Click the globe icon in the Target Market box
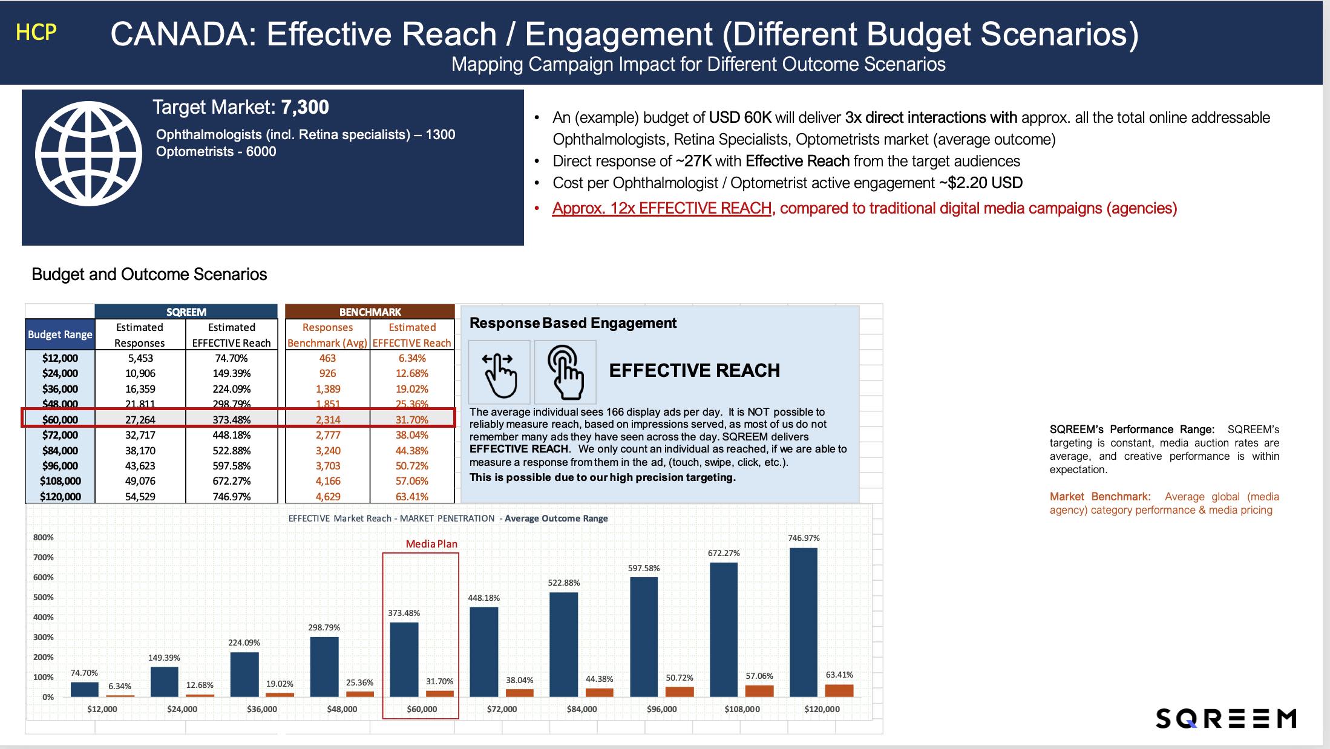(x=88, y=154)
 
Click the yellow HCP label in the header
(x=36, y=32)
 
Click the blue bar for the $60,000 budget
(x=404, y=659)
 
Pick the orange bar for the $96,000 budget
(x=680, y=692)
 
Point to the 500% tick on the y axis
(x=43, y=597)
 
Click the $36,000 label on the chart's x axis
(x=262, y=709)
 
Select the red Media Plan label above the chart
(x=431, y=544)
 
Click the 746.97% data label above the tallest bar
(x=804, y=538)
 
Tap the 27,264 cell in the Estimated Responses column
(x=140, y=419)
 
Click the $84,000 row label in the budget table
(x=60, y=451)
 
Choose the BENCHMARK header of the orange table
(x=370, y=312)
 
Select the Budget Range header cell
(x=60, y=335)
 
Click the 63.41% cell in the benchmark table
(x=411, y=497)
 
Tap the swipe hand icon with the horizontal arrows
(x=499, y=372)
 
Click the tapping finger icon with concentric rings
(x=565, y=372)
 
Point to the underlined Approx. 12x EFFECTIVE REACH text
(x=661, y=208)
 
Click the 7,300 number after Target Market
(x=305, y=107)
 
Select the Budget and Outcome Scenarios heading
(x=149, y=274)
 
